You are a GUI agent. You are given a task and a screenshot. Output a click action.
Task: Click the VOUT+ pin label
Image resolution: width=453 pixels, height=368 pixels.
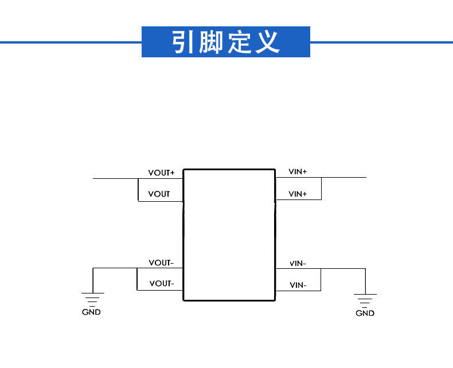pos(161,173)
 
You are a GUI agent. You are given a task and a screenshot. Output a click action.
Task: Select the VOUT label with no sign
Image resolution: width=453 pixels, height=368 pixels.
pos(159,194)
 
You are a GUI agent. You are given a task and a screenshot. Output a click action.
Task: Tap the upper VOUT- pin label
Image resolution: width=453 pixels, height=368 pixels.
pos(161,263)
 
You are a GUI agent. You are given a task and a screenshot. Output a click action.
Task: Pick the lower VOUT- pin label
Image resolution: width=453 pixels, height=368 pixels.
pos(161,283)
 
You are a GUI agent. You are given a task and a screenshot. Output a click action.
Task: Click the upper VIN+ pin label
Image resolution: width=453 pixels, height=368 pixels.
pos(298,171)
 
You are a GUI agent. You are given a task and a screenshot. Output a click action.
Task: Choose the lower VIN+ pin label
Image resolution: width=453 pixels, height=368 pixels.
pos(298,194)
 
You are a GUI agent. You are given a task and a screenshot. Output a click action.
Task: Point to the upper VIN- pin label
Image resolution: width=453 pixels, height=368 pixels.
pos(298,263)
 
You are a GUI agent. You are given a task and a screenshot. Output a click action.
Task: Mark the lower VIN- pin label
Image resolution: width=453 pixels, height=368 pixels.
pos(298,285)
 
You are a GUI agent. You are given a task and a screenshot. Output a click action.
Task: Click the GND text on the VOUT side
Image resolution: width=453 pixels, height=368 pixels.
pos(91,312)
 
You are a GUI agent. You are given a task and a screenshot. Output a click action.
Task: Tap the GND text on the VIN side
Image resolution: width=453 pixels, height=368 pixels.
pos(365,313)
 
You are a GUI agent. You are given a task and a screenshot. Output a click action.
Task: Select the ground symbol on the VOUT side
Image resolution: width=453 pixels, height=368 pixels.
pos(92,298)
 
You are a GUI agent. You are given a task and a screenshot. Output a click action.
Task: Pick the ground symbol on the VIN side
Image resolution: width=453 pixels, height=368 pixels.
pos(365,299)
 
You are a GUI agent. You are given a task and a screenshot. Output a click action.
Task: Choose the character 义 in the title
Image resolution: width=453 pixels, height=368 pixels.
pos(267,42)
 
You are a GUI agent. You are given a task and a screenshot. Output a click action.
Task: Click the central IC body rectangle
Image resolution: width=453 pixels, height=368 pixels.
pos(229,234)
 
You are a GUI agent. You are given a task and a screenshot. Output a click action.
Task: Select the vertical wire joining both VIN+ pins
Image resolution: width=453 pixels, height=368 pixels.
pos(321,189)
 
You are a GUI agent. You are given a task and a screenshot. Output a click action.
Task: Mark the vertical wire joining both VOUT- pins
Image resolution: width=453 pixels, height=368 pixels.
pos(138,279)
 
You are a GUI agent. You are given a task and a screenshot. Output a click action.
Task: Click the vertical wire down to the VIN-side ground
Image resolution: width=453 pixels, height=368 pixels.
pos(365,280)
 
